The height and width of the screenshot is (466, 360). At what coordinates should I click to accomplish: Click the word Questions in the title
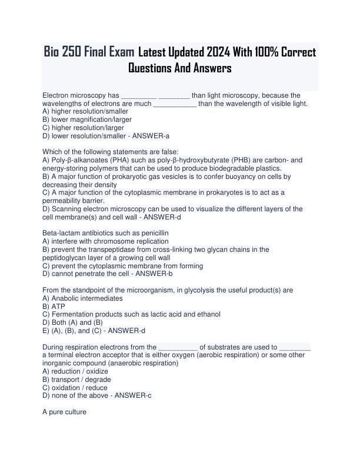(x=155, y=68)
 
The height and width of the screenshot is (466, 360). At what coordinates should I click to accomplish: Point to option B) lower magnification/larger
(x=88, y=119)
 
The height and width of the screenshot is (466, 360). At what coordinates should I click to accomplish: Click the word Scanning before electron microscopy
(x=69, y=209)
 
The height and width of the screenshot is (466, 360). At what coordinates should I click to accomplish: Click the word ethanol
(x=208, y=314)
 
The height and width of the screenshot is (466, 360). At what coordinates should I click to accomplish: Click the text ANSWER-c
(x=134, y=395)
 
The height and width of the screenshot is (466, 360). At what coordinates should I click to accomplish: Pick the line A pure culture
(x=65, y=412)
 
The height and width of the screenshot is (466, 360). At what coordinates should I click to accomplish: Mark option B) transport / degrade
(x=78, y=380)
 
